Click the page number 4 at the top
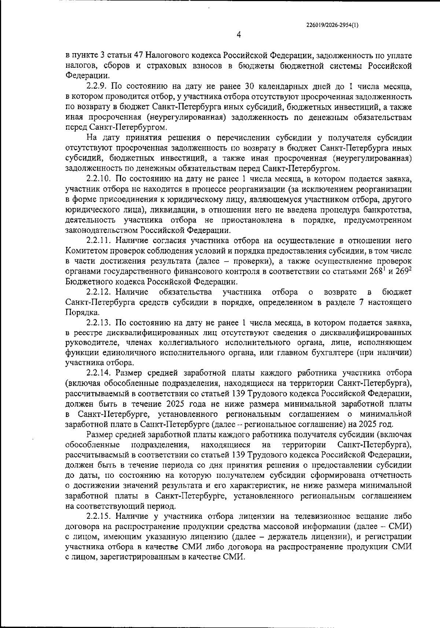[x=239, y=35]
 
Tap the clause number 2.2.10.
[x=99, y=180]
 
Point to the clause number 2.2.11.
[x=99, y=241]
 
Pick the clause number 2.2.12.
[x=99, y=292]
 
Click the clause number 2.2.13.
[x=99, y=323]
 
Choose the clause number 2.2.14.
[x=99, y=373]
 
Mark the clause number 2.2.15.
[x=99, y=517]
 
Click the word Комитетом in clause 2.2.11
[x=83, y=251]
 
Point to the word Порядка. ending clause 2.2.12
[x=77, y=313]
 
